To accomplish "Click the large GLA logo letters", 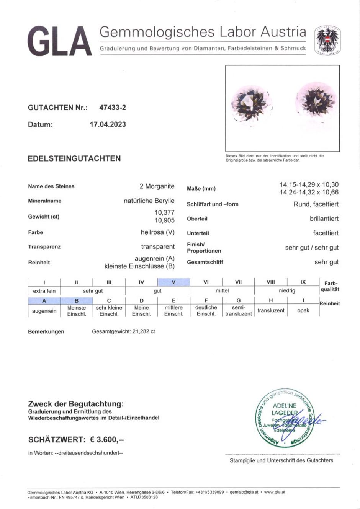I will [60, 41].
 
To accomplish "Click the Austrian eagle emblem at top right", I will [327, 40].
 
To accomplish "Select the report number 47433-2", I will [113, 108].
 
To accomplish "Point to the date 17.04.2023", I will [108, 124].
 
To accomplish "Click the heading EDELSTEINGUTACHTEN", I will [74, 158].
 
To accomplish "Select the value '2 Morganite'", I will [157, 186].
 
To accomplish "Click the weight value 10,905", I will [165, 220].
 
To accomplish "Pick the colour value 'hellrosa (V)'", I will [157, 232].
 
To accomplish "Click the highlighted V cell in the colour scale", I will [173, 282].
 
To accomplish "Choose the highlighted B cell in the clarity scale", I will [77, 301].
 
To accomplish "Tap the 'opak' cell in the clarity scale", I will [303, 310].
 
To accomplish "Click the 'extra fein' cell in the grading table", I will [44, 291].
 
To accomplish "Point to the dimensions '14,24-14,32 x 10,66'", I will [309, 193].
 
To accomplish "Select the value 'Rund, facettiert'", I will [316, 204].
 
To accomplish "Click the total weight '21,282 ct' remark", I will [123, 331].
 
